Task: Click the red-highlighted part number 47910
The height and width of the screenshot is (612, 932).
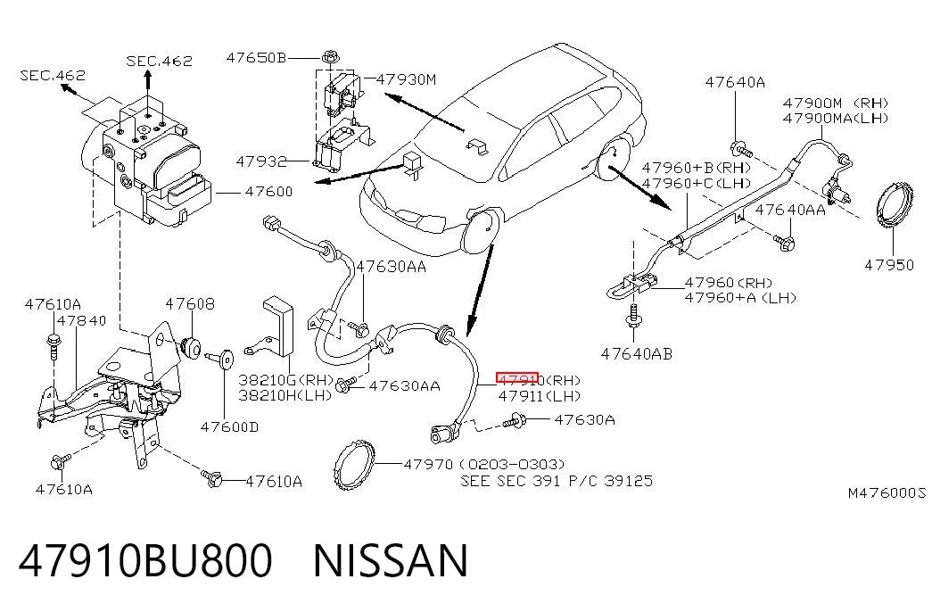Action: tap(517, 379)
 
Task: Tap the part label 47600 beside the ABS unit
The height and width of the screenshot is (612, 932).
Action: tap(268, 192)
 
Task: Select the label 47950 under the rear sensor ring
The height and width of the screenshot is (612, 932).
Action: tap(889, 265)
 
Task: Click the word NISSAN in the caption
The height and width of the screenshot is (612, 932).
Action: tap(391, 561)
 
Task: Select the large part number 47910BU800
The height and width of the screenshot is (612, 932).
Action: tap(145, 561)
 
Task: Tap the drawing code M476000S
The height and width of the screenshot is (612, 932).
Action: tap(887, 492)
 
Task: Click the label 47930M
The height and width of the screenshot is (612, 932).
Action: tap(407, 79)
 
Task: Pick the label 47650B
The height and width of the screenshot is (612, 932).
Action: tap(256, 58)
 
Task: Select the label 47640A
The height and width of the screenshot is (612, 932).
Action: tap(735, 82)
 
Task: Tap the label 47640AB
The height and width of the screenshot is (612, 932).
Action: tap(637, 354)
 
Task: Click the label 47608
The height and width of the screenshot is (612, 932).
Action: tap(190, 304)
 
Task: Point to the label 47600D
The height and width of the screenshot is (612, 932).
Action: tap(229, 427)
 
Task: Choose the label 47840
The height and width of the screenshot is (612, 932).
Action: tap(82, 320)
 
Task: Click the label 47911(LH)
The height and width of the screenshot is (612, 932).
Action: tap(539, 395)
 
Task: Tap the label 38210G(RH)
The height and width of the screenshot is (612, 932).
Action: tap(286, 379)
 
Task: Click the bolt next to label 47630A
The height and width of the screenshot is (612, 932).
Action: tap(515, 422)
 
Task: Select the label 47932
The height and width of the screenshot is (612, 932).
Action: tap(261, 161)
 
